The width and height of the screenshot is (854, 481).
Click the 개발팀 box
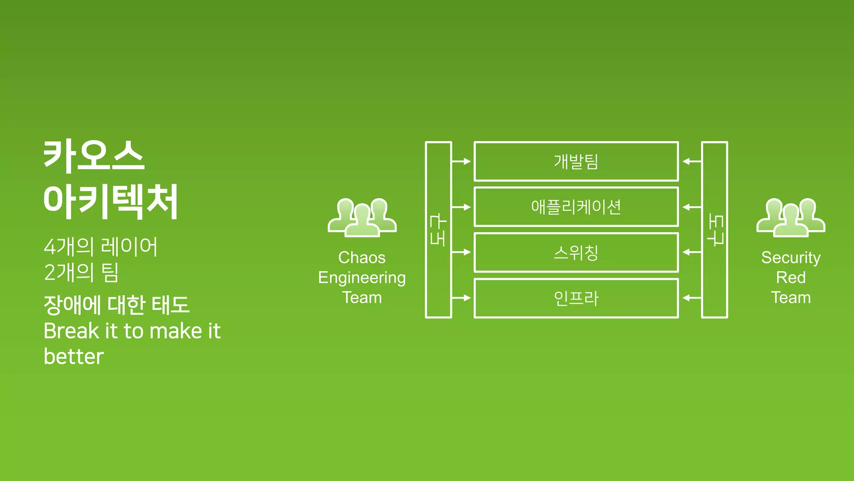click(576, 161)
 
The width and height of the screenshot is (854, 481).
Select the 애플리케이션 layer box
click(576, 207)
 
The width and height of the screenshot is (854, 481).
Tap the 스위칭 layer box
click(576, 252)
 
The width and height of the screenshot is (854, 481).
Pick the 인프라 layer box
click(576, 298)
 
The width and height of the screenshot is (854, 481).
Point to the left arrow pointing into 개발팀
click(461, 161)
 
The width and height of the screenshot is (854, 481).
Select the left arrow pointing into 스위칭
click(461, 252)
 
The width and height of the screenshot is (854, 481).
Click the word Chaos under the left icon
click(362, 258)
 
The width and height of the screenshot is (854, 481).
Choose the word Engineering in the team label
click(362, 278)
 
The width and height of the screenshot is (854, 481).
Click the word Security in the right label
click(791, 258)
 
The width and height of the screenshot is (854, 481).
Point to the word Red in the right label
click(791, 277)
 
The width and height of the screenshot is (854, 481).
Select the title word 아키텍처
click(111, 201)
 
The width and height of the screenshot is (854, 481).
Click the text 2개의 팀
click(81, 272)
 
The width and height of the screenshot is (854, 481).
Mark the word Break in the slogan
click(71, 331)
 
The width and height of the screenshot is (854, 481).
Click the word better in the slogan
click(73, 357)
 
